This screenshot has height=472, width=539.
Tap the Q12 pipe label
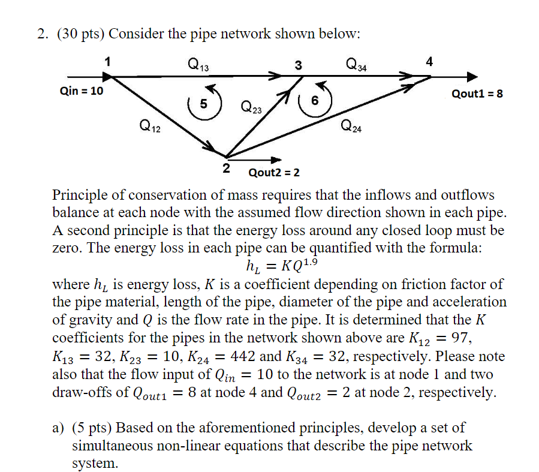(x=149, y=126)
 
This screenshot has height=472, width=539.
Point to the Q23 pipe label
(x=251, y=108)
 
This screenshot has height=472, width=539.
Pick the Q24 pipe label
(x=351, y=126)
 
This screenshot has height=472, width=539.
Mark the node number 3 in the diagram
(x=299, y=65)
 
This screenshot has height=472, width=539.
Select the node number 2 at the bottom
(x=226, y=169)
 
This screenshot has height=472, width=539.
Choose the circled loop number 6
(x=314, y=102)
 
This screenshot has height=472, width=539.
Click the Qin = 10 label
(x=82, y=92)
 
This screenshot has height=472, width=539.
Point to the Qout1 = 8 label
(x=478, y=94)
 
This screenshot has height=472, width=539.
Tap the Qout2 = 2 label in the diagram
(x=274, y=173)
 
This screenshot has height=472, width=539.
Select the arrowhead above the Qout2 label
(x=276, y=160)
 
